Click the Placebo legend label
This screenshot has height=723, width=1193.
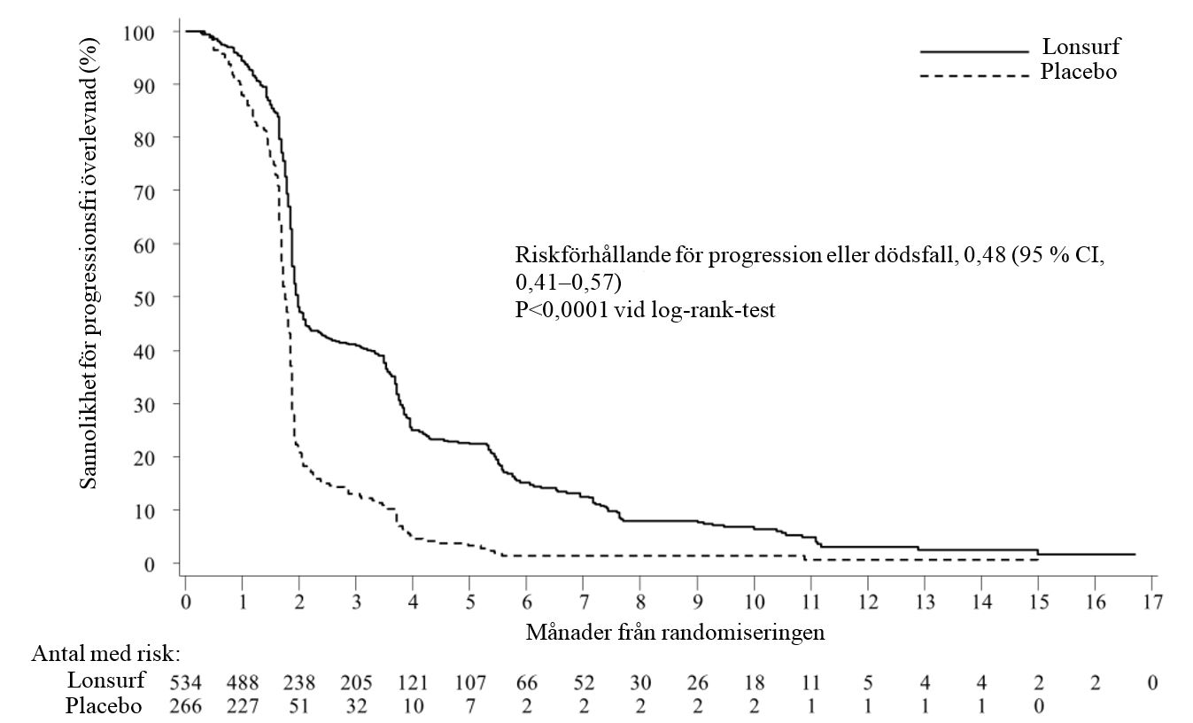1079,73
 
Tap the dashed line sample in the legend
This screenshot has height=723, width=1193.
974,75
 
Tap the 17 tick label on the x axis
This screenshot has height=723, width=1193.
1151,602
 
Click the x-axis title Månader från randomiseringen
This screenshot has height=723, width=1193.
676,632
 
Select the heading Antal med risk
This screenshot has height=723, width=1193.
106,656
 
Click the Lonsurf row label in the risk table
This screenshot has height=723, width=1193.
105,680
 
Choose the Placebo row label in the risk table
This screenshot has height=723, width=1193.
104,706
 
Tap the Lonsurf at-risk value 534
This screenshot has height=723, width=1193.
186,682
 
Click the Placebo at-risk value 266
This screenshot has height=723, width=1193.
186,707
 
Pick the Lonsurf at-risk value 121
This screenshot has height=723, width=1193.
413,682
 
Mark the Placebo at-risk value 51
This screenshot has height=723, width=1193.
299,707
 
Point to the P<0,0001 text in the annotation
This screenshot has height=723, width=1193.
559,311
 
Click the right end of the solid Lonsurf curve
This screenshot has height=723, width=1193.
1135,555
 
